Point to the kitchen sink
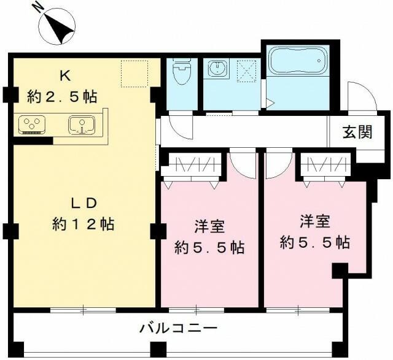(x=80, y=125)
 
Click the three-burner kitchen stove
(x=31, y=125)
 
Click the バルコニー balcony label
(x=178, y=329)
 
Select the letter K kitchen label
(x=64, y=75)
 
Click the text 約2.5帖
(x=62, y=96)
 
